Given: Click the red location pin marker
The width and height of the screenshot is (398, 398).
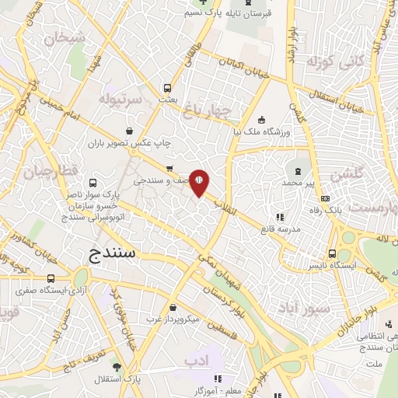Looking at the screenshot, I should click(199, 181).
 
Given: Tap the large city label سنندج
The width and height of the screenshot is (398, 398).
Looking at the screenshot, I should click(113, 254).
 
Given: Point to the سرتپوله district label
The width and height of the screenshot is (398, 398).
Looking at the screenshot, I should click(120, 99).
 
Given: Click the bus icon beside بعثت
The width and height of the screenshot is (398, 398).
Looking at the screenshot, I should click(167, 87).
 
